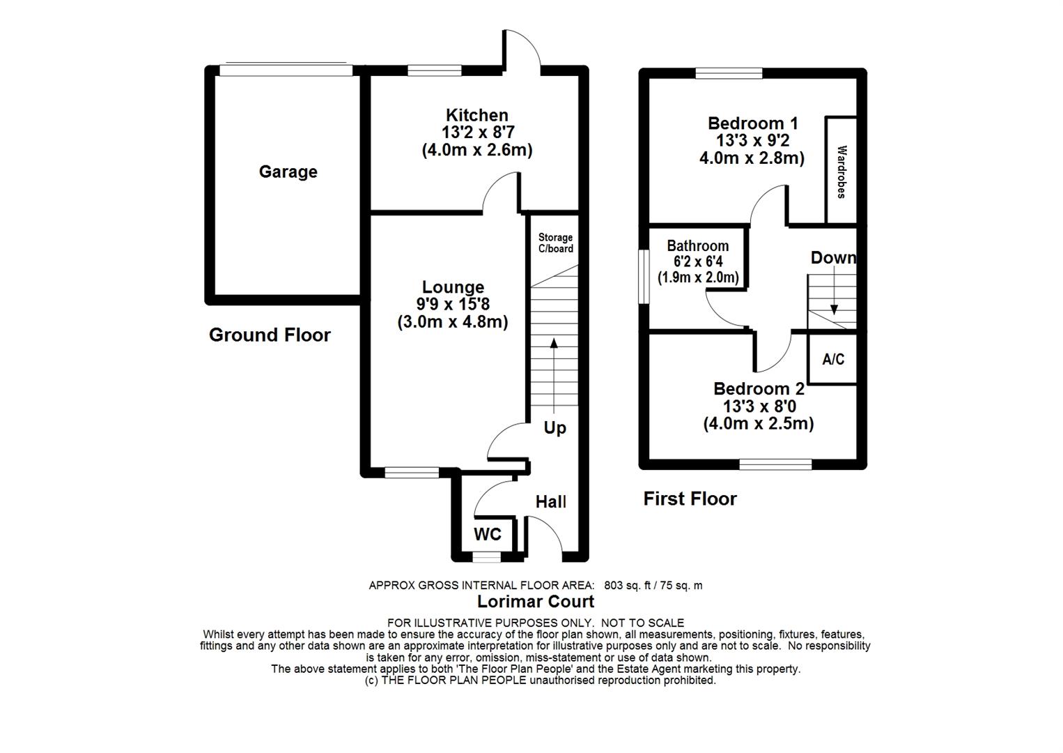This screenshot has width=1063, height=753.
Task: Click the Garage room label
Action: click(288, 172)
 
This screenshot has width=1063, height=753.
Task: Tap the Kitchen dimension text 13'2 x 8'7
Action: click(477, 132)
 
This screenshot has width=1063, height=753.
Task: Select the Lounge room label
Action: click(453, 287)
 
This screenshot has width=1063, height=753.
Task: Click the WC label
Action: click(488, 535)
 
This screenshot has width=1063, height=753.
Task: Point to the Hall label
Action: click(550, 502)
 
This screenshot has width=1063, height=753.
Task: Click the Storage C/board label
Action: click(555, 243)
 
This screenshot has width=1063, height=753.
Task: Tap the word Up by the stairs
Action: click(554, 427)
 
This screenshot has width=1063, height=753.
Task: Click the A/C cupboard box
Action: click(833, 359)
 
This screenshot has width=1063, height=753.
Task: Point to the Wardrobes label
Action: click(841, 172)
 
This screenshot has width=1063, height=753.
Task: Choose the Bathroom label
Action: click(697, 246)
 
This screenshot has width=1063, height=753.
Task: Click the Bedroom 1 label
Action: click(752, 123)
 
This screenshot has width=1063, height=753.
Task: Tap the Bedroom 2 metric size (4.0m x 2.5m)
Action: click(758, 423)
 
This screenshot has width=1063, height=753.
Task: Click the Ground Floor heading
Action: click(270, 335)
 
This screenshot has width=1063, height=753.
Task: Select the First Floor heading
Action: click(690, 499)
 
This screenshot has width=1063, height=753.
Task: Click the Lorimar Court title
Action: click(536, 601)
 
